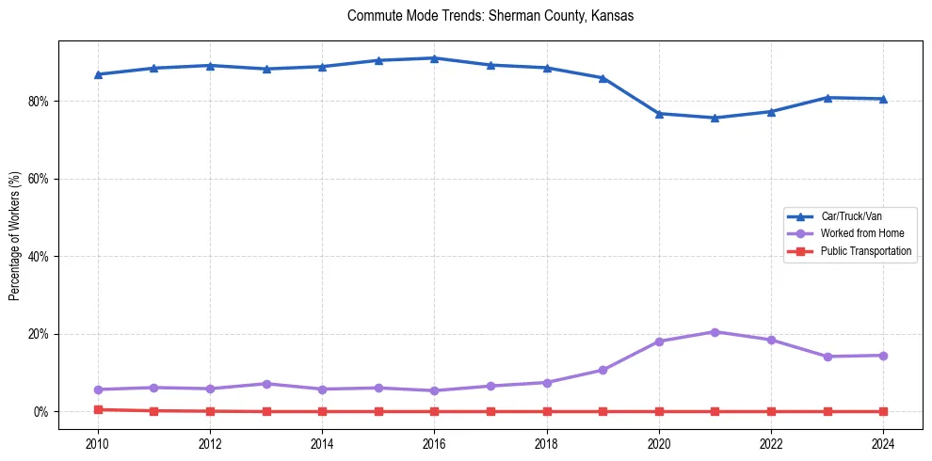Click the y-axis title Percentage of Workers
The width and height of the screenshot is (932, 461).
[15, 236]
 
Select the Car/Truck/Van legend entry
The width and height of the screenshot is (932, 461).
[851, 216]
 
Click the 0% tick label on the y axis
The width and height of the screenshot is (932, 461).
[42, 411]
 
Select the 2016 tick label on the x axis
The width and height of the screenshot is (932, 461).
[434, 443]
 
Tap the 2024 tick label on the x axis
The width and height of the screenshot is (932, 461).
[883, 443]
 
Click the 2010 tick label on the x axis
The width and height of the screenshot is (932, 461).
[98, 443]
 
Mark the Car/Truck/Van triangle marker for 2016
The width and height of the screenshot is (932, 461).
[434, 58]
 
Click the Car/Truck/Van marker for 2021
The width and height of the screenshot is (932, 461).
[715, 118]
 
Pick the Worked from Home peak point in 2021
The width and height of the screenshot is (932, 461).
[715, 332]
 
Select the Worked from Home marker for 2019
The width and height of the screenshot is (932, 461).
[603, 370]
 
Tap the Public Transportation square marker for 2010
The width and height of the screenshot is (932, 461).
[98, 409]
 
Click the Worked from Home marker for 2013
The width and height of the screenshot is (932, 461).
[266, 384]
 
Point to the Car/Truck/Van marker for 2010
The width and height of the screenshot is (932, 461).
[98, 74]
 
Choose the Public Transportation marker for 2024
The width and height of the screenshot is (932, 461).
[883, 411]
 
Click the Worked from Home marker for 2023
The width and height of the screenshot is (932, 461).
[828, 357]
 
